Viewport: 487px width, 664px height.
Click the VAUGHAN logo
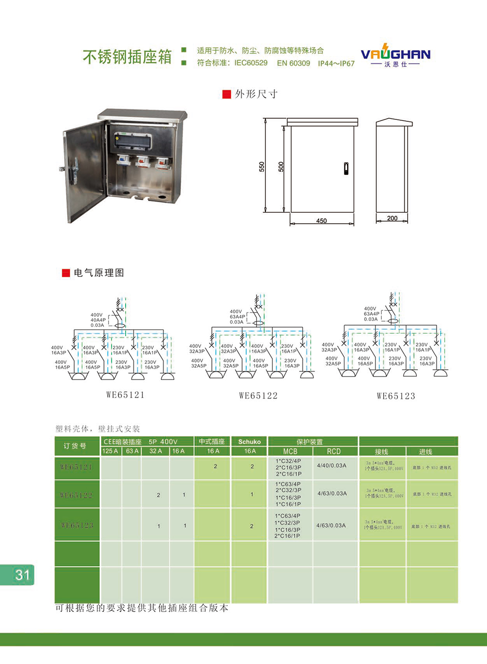coord(395,56)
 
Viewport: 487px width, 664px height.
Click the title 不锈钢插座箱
coord(127,57)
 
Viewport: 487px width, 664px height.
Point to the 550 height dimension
coord(262,167)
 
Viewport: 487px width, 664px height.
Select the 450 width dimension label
coord(321,221)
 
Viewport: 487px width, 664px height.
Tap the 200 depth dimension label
coord(392,218)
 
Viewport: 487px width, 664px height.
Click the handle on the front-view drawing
coord(346,169)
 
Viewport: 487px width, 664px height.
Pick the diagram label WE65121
coord(125,395)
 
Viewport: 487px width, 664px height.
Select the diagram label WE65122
coord(258,396)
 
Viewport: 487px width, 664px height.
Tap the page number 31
coord(22,575)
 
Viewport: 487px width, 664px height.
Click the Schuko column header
coord(249,442)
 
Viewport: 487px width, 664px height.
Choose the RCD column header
coord(334,452)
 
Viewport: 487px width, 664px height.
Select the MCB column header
coord(290,452)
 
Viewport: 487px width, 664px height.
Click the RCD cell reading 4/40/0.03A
coord(332,466)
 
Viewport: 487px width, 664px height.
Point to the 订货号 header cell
coord(75,446)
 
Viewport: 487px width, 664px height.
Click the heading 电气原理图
coord(99,273)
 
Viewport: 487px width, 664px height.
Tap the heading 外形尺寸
coord(256,94)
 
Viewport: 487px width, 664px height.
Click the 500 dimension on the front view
coord(281,167)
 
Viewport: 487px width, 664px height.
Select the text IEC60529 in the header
coord(251,63)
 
